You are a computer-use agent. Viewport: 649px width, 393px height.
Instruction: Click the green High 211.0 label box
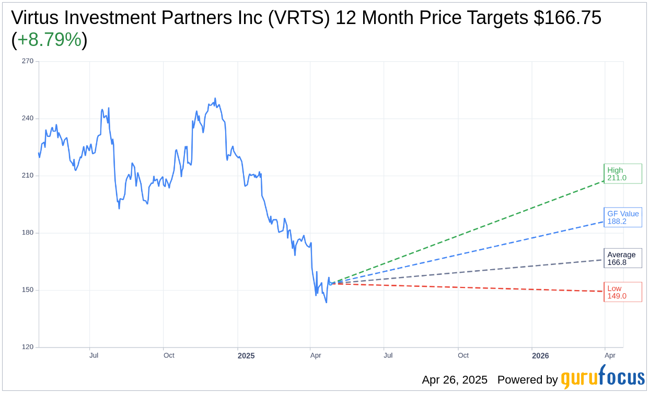622,174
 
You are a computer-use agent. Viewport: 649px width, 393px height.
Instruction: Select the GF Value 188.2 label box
622,217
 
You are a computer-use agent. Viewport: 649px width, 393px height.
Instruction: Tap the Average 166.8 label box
622,258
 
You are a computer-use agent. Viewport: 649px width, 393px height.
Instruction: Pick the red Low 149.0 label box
622,292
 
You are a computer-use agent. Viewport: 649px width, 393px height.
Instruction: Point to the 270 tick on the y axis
28,61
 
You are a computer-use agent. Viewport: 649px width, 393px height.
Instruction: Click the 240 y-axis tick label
28,119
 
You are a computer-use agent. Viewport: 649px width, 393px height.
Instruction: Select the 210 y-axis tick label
28,176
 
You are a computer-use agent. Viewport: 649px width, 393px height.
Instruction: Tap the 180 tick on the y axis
28,233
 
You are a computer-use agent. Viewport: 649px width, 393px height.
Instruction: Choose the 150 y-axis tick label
28,290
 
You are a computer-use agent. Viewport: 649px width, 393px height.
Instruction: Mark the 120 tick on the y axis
28,348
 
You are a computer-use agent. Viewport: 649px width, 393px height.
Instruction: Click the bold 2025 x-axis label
246,356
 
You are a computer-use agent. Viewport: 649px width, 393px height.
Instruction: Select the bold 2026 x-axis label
540,356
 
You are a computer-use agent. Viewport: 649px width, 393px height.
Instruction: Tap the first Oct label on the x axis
169,355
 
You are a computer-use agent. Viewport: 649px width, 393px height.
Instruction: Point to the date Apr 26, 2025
455,380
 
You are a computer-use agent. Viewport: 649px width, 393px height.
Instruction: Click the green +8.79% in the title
50,40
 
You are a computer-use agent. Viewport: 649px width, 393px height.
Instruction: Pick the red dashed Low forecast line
470,287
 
